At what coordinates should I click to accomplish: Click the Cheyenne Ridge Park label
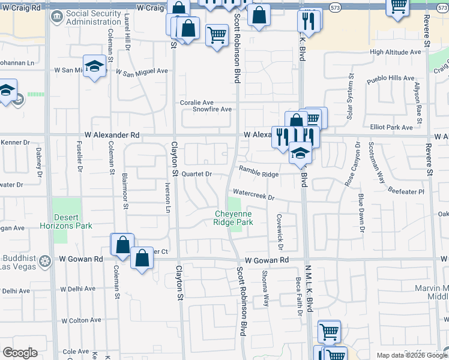click(234, 218)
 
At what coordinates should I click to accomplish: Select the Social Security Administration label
click(97, 17)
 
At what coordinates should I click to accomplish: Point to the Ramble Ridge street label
click(259, 173)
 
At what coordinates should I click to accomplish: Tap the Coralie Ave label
click(197, 103)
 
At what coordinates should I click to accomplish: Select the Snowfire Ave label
click(212, 109)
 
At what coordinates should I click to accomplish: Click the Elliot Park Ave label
click(391, 127)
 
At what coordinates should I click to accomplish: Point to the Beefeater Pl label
click(405, 192)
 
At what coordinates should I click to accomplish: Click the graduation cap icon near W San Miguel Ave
click(94, 65)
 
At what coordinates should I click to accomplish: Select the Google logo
click(20, 353)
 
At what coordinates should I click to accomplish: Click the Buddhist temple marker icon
click(45, 261)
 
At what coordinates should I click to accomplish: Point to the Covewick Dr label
click(280, 228)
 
